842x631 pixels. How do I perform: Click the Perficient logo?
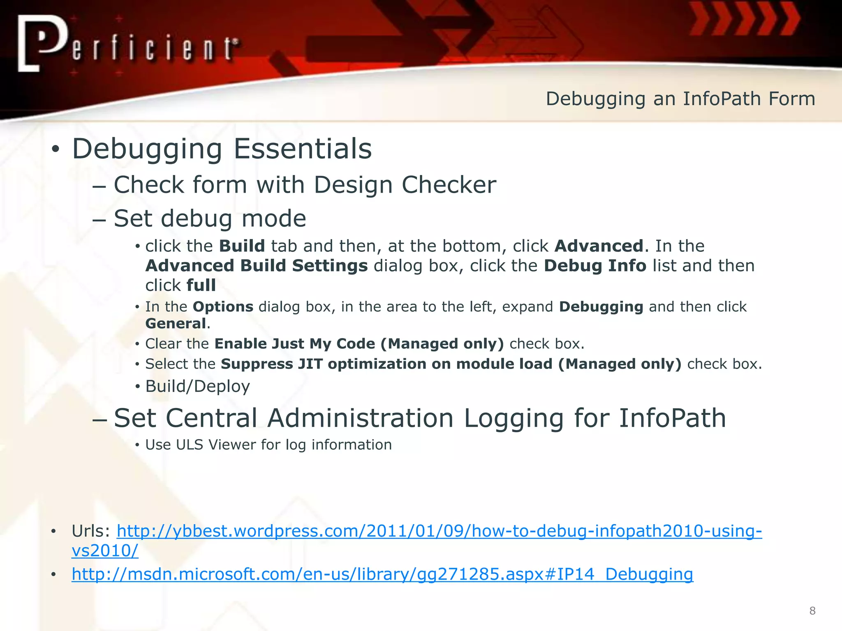[x=127, y=44]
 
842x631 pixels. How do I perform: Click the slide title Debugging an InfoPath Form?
[x=680, y=99]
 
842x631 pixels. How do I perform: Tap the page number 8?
[x=812, y=611]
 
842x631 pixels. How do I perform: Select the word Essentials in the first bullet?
[x=303, y=149]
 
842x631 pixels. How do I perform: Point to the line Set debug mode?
[x=210, y=219]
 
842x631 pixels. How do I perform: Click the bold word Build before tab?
[x=242, y=246]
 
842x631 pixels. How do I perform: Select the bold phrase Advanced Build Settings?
[x=257, y=266]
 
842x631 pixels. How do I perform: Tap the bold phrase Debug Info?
[x=595, y=266]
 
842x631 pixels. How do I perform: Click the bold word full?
[x=201, y=286]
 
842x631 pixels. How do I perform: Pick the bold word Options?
[x=223, y=307]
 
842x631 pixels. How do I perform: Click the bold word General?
[x=176, y=324]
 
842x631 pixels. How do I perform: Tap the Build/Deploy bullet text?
[x=197, y=387]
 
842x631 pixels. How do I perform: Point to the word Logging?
[x=514, y=418]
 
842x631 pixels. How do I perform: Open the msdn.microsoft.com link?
[x=382, y=574]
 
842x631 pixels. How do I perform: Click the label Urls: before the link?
[x=91, y=531]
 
